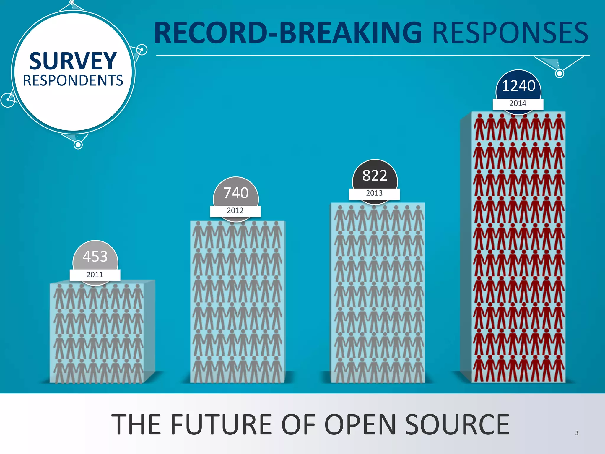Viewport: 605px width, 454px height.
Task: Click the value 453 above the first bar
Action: click(95, 256)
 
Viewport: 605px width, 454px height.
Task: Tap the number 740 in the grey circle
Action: click(236, 193)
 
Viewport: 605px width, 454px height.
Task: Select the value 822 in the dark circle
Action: click(375, 175)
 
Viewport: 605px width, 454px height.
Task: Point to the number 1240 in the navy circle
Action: click(518, 86)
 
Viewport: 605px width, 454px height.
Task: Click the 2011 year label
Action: click(95, 275)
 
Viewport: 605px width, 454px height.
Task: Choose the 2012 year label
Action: click(235, 210)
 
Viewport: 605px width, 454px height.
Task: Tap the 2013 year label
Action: click(374, 193)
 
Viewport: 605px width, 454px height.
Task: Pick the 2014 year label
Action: click(518, 103)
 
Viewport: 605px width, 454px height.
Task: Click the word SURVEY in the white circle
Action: click(73, 61)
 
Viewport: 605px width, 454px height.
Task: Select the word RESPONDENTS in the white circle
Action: click(73, 80)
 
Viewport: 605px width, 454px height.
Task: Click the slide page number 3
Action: click(577, 433)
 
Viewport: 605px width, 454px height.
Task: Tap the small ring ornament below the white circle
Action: click(78, 145)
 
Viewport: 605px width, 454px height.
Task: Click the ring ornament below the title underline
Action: click(559, 73)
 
